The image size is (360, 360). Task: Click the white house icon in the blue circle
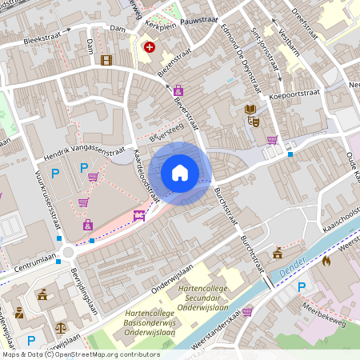point(180,173)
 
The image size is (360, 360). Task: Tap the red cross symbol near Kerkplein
point(149,48)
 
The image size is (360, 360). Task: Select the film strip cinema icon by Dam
point(106,60)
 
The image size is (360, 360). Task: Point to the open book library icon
point(250,110)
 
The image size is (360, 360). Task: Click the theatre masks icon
point(255,122)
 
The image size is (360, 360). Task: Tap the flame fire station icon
point(326,261)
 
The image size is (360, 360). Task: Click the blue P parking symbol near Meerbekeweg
point(302,287)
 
